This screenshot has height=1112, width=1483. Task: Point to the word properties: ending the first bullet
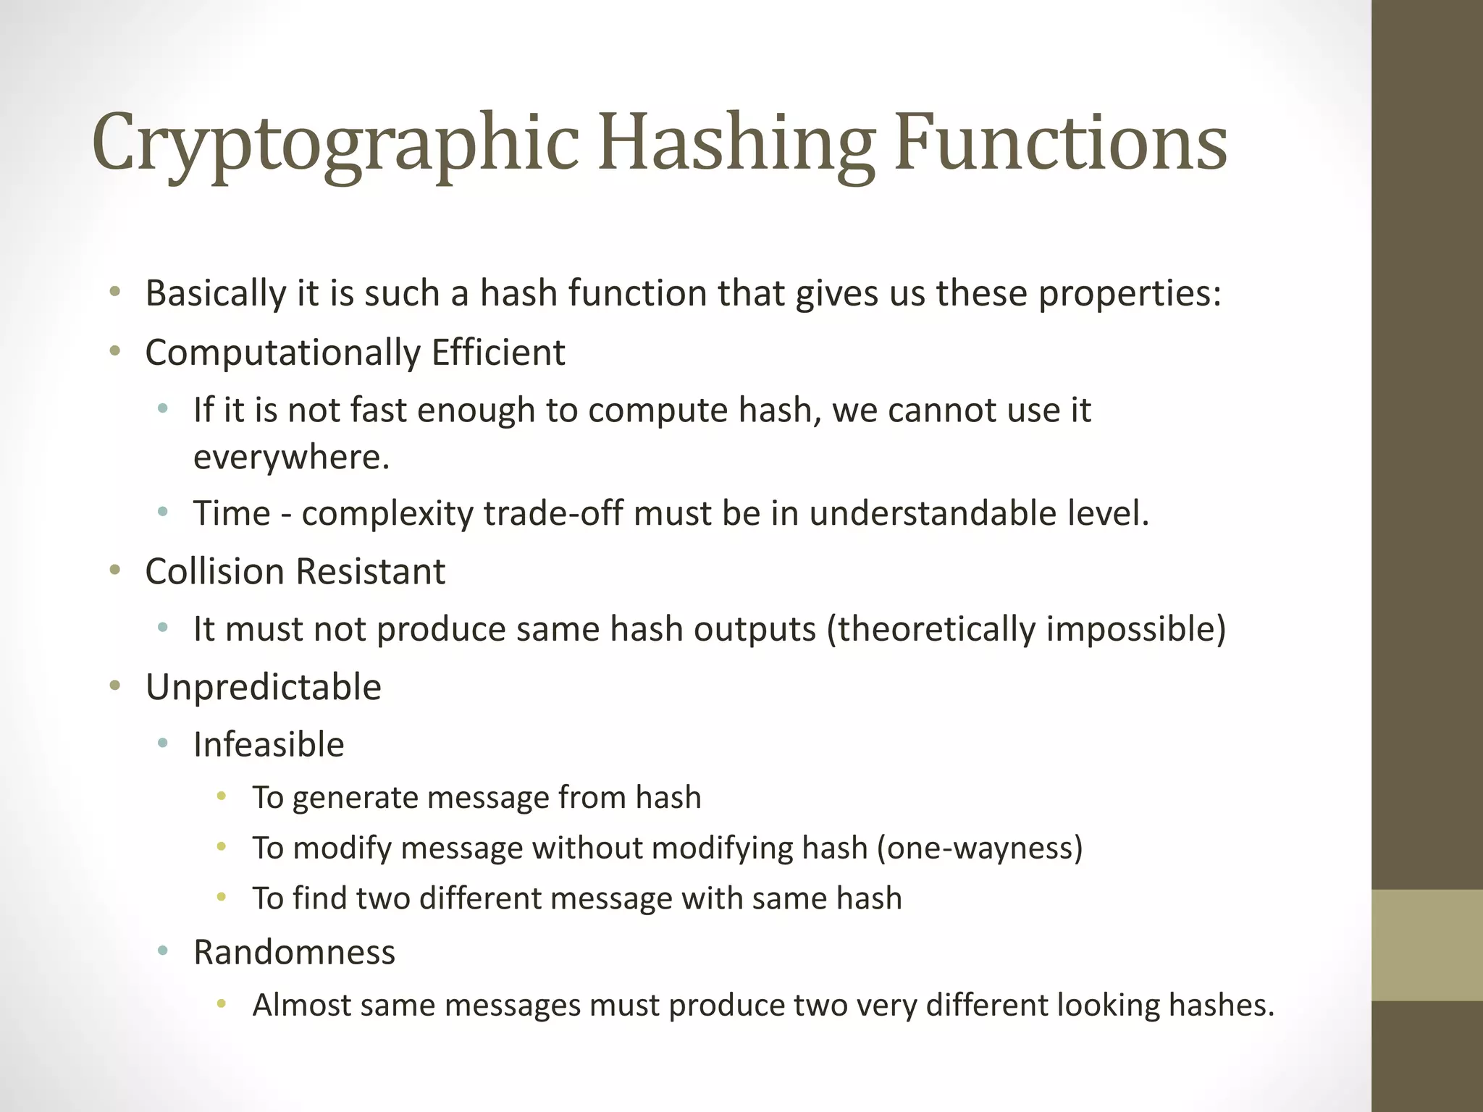(x=1130, y=293)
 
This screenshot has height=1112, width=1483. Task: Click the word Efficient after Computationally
(x=498, y=353)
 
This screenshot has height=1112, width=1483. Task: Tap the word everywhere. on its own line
(x=291, y=457)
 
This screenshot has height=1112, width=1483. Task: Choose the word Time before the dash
(x=232, y=513)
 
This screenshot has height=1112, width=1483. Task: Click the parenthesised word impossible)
(x=1135, y=628)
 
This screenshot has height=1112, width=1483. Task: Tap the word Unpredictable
(x=263, y=687)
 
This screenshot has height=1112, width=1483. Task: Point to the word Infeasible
(x=269, y=744)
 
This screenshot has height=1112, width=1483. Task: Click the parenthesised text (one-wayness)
(x=980, y=848)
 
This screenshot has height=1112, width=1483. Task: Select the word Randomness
(x=294, y=952)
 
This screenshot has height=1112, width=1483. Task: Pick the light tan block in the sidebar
(x=1427, y=945)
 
